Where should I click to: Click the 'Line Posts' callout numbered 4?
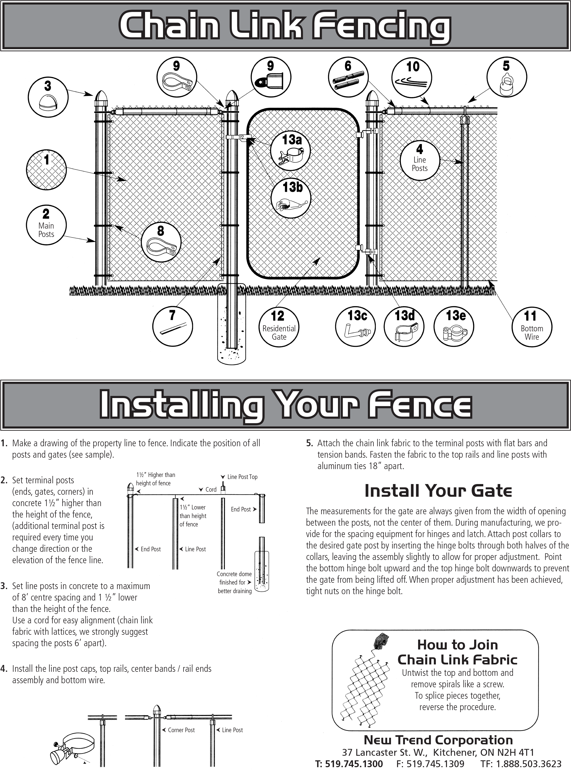tap(420, 160)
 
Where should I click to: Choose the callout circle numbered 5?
tap(506, 77)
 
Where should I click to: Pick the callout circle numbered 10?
tap(412, 77)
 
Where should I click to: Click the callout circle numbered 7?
tap(172, 326)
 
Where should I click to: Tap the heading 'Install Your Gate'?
tap(438, 490)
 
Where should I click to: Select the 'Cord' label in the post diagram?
tap(210, 489)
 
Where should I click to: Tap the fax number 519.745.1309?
tap(430, 764)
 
